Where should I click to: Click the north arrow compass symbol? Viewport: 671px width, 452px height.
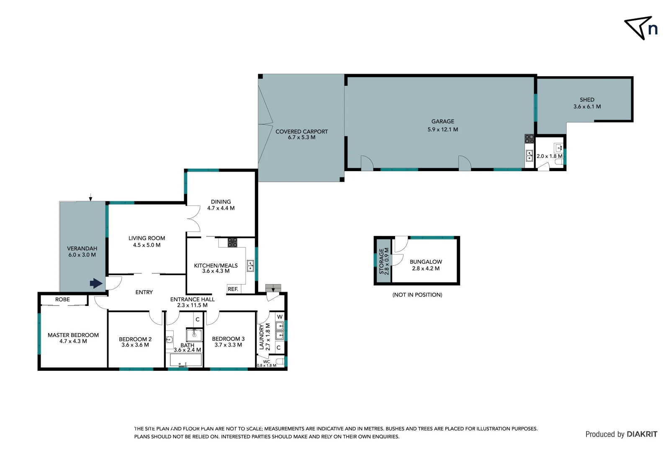point(639,28)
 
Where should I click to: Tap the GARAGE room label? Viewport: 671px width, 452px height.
point(442,121)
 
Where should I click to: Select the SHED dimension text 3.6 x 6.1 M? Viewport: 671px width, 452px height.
point(587,107)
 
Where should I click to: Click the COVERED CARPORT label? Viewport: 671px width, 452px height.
point(301,131)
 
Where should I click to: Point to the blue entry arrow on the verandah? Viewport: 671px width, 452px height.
point(96,284)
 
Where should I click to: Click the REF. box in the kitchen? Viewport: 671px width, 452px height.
point(233,289)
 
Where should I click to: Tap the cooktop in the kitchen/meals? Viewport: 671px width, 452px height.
point(232,242)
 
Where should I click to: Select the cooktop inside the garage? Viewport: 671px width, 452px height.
point(529,139)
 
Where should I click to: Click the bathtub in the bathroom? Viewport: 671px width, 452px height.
point(186,360)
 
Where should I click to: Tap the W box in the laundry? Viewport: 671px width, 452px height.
point(280,317)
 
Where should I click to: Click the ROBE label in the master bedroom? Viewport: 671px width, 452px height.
point(63,300)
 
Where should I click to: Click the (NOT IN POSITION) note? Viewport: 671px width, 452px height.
point(417,295)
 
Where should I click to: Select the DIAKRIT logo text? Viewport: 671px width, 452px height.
point(642,434)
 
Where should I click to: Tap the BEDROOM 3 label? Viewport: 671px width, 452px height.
point(228,339)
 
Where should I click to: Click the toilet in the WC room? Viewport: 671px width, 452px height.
point(280,361)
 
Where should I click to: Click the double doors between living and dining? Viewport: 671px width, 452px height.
point(194,219)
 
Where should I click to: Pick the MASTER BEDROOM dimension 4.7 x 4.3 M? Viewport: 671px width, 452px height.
point(73,342)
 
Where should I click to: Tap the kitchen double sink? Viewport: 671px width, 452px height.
point(250,266)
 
